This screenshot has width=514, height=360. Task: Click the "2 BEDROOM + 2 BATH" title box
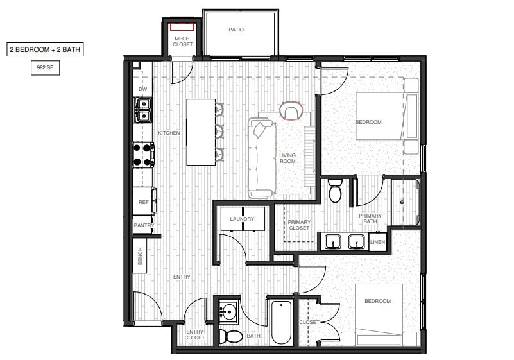tap(45, 49)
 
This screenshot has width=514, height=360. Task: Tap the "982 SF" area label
tap(45, 66)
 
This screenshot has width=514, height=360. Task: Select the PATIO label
tap(236, 30)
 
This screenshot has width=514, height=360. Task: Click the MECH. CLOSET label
tap(183, 42)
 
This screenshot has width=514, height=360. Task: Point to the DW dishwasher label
tap(143, 89)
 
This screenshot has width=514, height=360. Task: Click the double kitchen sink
tap(144, 109)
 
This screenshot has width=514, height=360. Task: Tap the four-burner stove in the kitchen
tap(144, 154)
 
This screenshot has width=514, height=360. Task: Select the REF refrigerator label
tap(144, 202)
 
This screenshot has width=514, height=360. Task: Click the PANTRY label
tap(144, 225)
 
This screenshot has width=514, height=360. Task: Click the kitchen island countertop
tap(200, 132)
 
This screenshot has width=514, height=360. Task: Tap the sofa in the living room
tap(261, 157)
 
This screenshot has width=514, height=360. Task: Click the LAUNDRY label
tap(242, 219)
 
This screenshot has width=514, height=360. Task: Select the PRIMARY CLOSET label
tap(299, 225)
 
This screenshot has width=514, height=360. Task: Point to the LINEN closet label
tap(378, 242)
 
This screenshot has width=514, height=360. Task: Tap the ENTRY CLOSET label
tap(195, 334)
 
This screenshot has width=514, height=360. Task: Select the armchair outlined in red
tap(291, 112)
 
